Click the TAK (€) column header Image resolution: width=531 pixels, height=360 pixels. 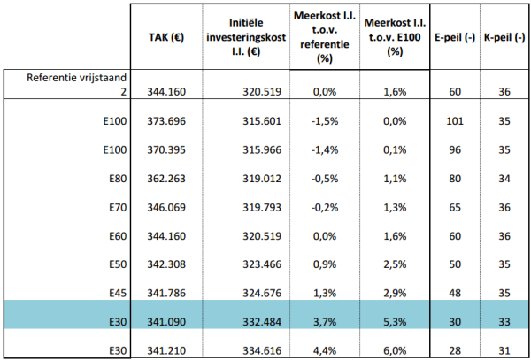coord(166,38)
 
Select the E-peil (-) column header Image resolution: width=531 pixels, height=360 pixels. coord(455,38)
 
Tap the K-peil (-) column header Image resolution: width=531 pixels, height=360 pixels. coord(504,38)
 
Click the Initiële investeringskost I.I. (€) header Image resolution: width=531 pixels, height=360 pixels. coord(246,38)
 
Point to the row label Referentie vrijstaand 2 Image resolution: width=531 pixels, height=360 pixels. coord(77,85)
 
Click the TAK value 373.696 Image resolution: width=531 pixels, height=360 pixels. coord(166,121)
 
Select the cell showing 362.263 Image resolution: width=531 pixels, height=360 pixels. coord(166,179)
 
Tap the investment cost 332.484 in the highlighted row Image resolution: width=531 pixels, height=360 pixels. coord(262,322)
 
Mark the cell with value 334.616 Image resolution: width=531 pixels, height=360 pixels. coord(262,350)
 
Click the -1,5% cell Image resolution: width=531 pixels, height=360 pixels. coord(325,121)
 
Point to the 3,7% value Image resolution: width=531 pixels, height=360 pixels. coord(326,322)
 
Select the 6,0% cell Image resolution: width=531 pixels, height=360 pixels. coord(396,350)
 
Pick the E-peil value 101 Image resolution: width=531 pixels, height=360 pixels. coord(455,121)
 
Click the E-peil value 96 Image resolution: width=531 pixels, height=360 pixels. coord(455,149)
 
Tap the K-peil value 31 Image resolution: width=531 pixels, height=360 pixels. coord(504,350)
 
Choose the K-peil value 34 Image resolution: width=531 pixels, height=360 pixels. coord(504,179)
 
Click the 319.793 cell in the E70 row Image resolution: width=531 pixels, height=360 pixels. coord(262,207)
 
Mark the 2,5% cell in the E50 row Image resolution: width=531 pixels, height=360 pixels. coord(396,264)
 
